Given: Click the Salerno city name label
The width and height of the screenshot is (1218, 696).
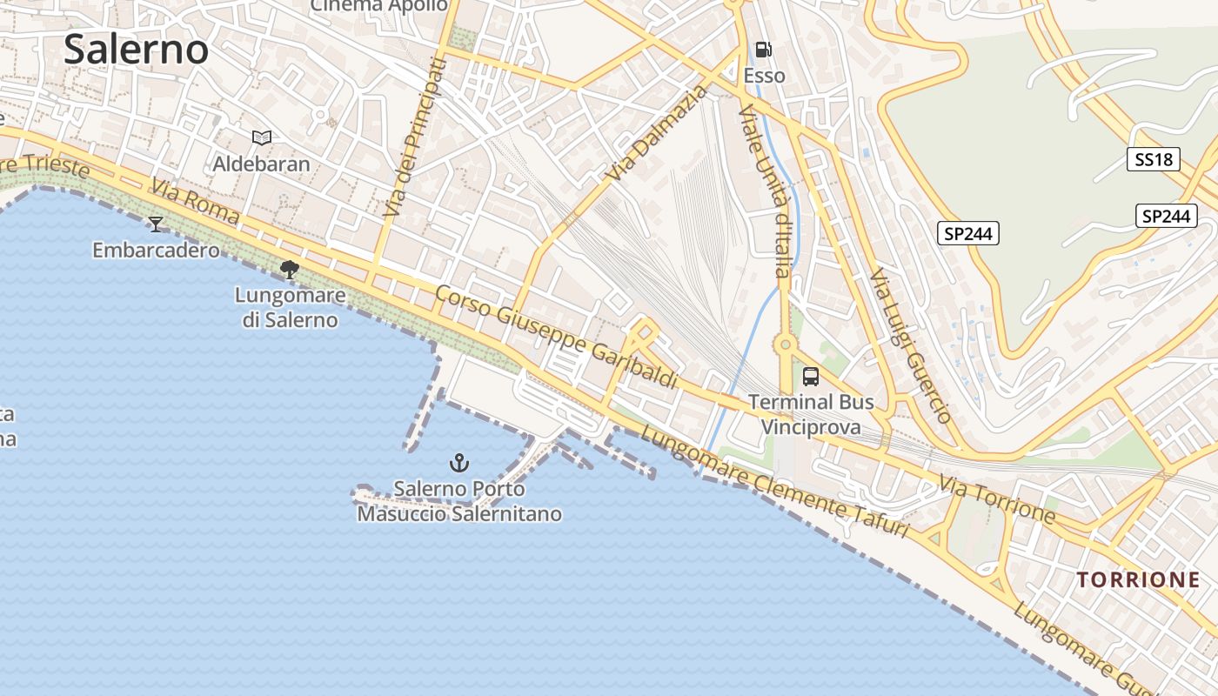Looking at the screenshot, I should pos(136,50).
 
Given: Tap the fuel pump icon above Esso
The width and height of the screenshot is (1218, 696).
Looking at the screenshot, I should pos(763,50).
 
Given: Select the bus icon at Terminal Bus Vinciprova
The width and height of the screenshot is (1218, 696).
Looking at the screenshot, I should pos(810,377).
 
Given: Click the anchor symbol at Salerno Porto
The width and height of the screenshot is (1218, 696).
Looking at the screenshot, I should pos(458,463).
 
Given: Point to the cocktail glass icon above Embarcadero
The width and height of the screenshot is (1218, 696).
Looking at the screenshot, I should pos(156,224).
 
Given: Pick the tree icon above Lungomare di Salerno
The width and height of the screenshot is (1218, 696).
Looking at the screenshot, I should pos(290,270).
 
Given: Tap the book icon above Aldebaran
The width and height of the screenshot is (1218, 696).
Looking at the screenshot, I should pos(261,137).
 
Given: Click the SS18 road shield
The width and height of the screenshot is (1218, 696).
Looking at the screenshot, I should pos(1154,159).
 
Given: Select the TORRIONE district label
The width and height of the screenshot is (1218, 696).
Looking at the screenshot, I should pos(1138,579).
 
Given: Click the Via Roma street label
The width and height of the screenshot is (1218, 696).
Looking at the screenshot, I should pos(194,201).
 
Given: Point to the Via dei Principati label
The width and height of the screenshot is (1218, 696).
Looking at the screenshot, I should pos(413,137).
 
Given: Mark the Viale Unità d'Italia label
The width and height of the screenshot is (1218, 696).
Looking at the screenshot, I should pos(764,191).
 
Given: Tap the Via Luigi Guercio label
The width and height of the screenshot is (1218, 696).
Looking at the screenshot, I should pos(911,346).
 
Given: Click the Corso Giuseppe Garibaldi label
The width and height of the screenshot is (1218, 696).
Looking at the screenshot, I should pos(556,338).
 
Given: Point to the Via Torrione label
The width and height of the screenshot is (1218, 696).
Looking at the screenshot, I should pos(996,499).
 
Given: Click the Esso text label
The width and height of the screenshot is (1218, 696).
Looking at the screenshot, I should pos(764,76).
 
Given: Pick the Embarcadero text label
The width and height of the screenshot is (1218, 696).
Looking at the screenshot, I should pos(156,251).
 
